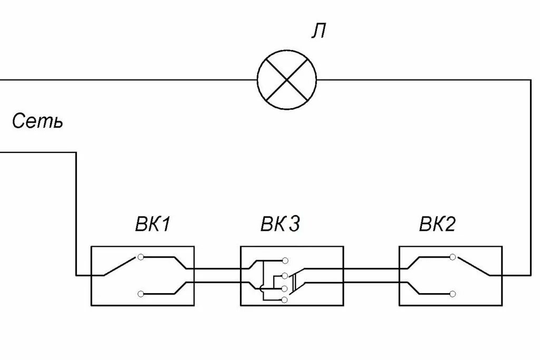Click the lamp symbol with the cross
[x=286, y=80]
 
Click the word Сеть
[x=37, y=122]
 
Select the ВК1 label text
[x=151, y=225]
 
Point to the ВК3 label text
[x=280, y=225]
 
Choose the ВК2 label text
[x=437, y=225]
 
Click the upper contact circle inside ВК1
[x=140, y=257]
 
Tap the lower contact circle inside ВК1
[x=140, y=293]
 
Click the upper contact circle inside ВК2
[x=452, y=257]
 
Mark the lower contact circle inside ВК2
[x=452, y=293]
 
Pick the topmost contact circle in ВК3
[x=285, y=260]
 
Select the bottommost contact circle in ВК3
[x=285, y=300]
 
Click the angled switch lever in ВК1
[x=121, y=266]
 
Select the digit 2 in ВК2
[x=450, y=225]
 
